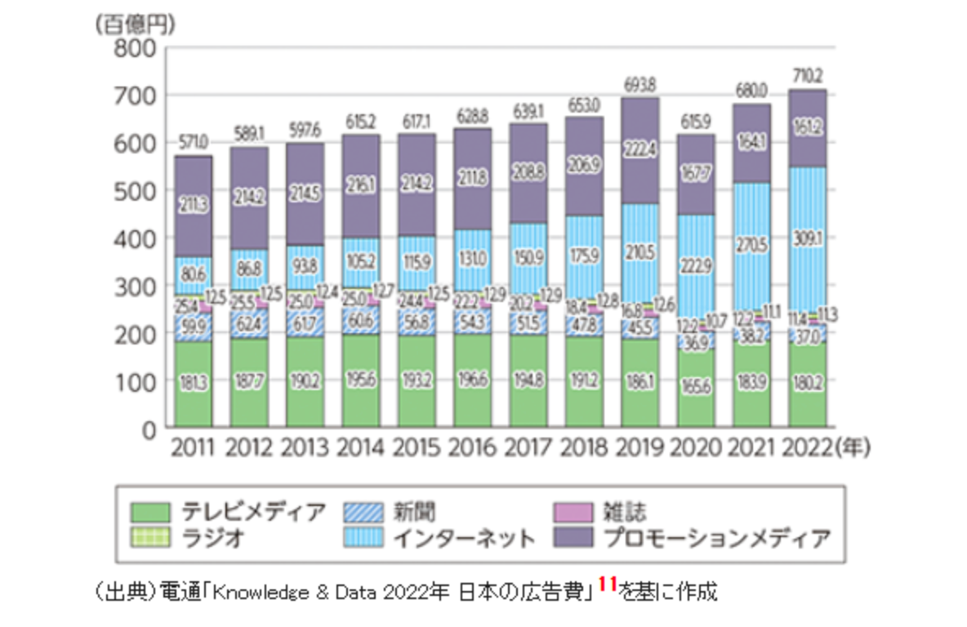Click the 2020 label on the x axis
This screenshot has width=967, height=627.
[x=696, y=447]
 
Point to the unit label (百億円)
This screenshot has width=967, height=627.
[x=135, y=24]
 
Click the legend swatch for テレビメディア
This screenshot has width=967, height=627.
[x=150, y=513]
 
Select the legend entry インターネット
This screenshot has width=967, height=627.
[x=463, y=538]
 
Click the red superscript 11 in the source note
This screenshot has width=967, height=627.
[x=607, y=584]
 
